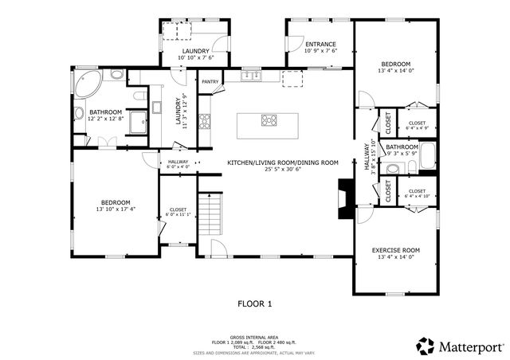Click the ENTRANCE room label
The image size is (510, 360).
point(320,44)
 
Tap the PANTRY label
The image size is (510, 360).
point(210,81)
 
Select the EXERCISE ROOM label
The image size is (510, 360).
point(395,250)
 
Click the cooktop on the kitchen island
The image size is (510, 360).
point(269,121)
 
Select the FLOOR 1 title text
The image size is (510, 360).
point(255,303)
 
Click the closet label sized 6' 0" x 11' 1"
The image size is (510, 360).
point(177,214)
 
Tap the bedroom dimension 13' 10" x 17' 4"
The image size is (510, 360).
point(115,209)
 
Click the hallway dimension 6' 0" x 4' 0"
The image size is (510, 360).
point(178,167)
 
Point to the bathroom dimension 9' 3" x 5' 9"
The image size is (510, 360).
point(402,154)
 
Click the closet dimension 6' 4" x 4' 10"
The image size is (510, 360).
point(417,196)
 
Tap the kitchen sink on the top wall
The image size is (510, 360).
point(252,76)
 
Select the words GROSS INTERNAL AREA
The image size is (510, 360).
point(255,337)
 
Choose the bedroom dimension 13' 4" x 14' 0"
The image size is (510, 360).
point(395,71)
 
